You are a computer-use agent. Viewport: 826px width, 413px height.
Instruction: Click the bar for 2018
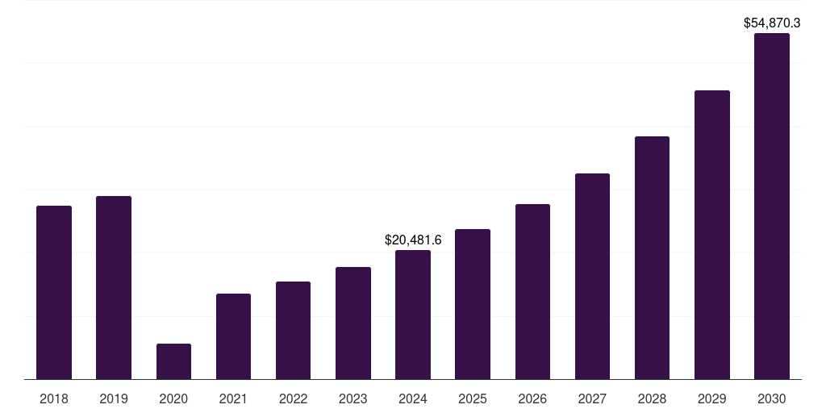pos(54,292)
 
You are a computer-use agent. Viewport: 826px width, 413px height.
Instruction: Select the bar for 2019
pos(114,287)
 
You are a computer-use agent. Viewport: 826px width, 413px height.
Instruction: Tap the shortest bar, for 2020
pos(173,361)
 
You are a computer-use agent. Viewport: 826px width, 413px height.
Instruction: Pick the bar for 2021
pos(233,336)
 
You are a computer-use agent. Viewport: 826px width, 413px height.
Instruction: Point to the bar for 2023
pos(353,323)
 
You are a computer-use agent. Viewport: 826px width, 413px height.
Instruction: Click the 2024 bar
pos(413,315)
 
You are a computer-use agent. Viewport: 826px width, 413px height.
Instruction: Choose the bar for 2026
pos(532,291)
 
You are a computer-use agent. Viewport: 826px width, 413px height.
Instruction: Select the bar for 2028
pos(652,257)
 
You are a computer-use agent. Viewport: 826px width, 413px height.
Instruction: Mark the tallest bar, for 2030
pos(771,206)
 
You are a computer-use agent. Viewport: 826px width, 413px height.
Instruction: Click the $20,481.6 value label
pos(413,240)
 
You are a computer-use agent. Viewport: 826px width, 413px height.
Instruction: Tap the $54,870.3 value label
pos(771,23)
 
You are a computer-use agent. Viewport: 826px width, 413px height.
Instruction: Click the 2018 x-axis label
pos(54,398)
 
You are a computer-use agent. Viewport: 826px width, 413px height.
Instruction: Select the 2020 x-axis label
pos(173,398)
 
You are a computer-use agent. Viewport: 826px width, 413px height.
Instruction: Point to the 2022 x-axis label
pos(293,398)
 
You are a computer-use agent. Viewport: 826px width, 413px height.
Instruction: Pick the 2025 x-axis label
pos(473,398)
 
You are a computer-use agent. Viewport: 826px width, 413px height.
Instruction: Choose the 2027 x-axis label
pos(592,398)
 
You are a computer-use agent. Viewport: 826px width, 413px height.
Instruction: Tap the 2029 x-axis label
pos(711,398)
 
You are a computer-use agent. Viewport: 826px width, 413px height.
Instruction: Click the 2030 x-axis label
pos(771,398)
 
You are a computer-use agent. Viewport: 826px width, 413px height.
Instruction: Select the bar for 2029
pos(711,235)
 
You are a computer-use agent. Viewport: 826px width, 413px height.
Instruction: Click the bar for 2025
pos(473,304)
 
